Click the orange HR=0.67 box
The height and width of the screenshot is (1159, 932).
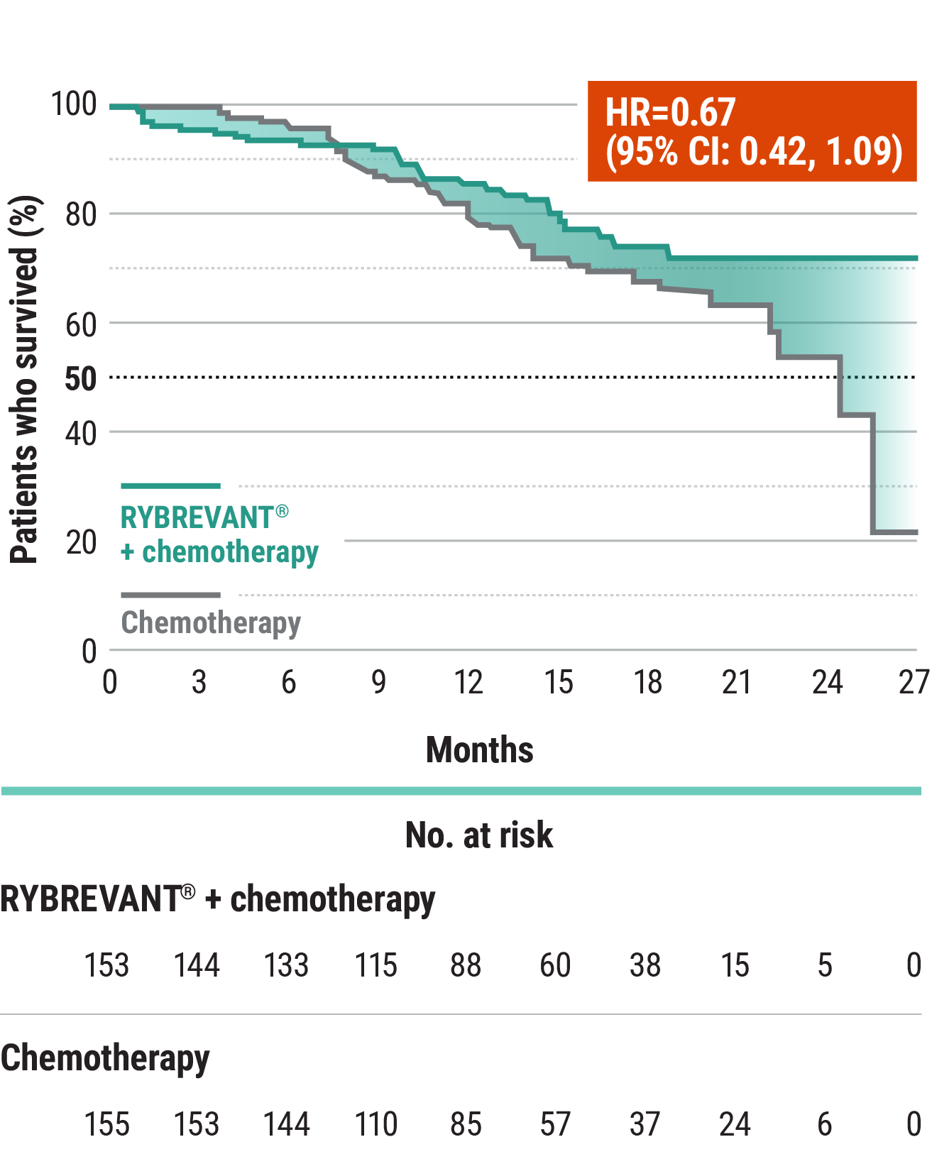[x=752, y=131]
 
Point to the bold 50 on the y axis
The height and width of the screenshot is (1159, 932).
[x=80, y=379]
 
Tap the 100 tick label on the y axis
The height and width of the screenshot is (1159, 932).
[x=73, y=104]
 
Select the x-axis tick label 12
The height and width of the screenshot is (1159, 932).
[x=468, y=683]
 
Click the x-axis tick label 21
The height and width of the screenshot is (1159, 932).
[x=736, y=683]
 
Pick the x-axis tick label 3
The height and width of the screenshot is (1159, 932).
[x=199, y=683]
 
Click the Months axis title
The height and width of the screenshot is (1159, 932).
[x=479, y=750]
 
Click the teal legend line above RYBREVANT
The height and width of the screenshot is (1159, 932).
[x=170, y=486]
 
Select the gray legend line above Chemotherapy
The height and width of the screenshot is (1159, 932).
[x=170, y=595]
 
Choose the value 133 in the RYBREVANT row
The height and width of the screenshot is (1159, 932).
[x=286, y=966]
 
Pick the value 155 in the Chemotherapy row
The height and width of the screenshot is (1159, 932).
[x=106, y=1125]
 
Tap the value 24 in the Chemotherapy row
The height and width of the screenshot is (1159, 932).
[x=735, y=1125]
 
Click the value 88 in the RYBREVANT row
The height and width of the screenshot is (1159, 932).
[x=466, y=966]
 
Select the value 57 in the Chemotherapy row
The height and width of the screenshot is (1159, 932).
[x=555, y=1125]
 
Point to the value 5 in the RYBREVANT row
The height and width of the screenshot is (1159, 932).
[x=824, y=966]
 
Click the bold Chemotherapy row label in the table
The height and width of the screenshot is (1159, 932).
[x=105, y=1058]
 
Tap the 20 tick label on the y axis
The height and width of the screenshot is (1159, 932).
[x=80, y=543]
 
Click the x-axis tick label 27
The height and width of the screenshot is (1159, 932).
[x=914, y=683]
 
